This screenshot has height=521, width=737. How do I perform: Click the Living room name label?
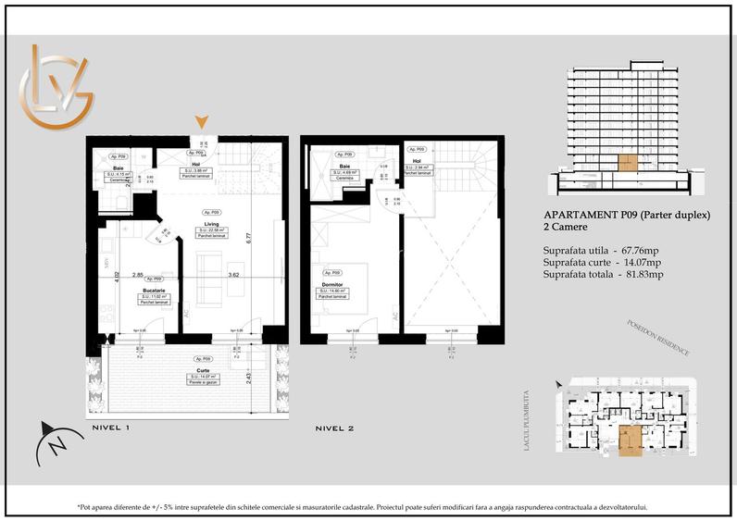(212, 223)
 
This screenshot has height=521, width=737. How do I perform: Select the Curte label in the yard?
(203, 368)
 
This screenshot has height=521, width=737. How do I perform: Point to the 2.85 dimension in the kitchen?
(137, 275)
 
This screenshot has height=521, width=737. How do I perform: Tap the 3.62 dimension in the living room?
(235, 275)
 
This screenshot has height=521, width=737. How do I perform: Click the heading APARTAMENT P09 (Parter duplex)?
(626, 217)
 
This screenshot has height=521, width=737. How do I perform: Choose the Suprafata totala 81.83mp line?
(603, 275)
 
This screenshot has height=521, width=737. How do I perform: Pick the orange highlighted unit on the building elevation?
(628, 165)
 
